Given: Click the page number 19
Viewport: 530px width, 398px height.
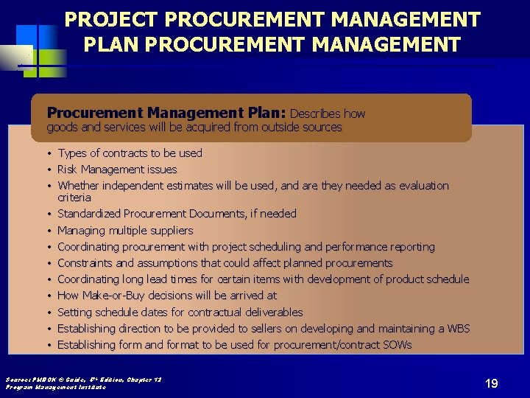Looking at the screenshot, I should (x=492, y=383).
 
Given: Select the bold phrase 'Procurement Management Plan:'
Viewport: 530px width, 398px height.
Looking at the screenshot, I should (x=166, y=113).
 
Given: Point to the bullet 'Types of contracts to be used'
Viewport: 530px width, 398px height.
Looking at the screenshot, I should (x=130, y=153).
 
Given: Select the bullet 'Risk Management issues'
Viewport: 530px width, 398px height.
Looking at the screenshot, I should (x=117, y=170).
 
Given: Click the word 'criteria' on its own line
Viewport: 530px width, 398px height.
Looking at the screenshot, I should (x=74, y=198).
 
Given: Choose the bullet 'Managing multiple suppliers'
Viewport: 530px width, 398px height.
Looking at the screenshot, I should (x=125, y=230).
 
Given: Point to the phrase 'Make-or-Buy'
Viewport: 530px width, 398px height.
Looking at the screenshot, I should (x=111, y=296).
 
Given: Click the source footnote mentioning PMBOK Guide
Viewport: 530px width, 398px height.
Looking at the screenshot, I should (x=83, y=380).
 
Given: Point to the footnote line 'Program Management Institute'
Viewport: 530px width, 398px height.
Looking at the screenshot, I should (x=55, y=387).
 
